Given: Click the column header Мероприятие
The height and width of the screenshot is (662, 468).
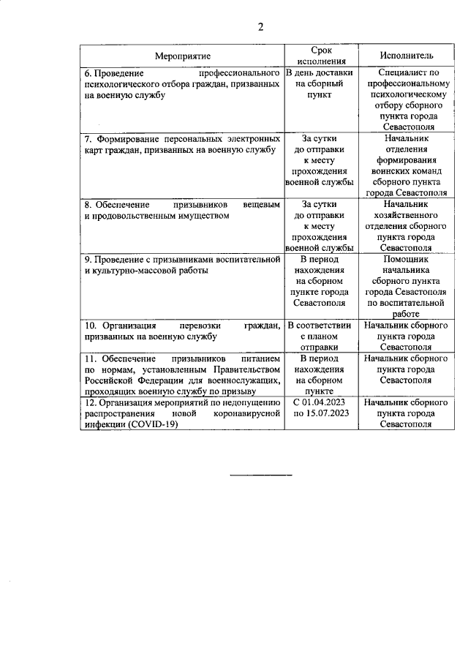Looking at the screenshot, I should point(182,56).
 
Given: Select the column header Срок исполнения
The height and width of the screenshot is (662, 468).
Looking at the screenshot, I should point(320,56).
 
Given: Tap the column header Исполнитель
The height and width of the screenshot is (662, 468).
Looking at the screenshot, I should point(407,56).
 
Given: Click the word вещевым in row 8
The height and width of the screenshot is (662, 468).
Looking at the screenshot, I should point(262,206).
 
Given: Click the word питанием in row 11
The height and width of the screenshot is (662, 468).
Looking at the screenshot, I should point(261,359).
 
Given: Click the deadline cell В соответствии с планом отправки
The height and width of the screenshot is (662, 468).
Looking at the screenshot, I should point(320,336).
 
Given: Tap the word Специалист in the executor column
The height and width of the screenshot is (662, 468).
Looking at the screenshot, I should point(400,74).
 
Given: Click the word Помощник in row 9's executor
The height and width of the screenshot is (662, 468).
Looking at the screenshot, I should point(407,260).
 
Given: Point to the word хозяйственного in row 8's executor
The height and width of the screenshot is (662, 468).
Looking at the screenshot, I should point(407,216).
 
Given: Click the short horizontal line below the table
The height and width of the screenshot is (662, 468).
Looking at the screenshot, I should point(260,475).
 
